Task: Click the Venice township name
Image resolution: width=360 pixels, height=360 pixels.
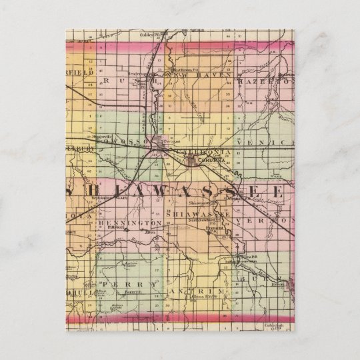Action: tap(269, 143)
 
